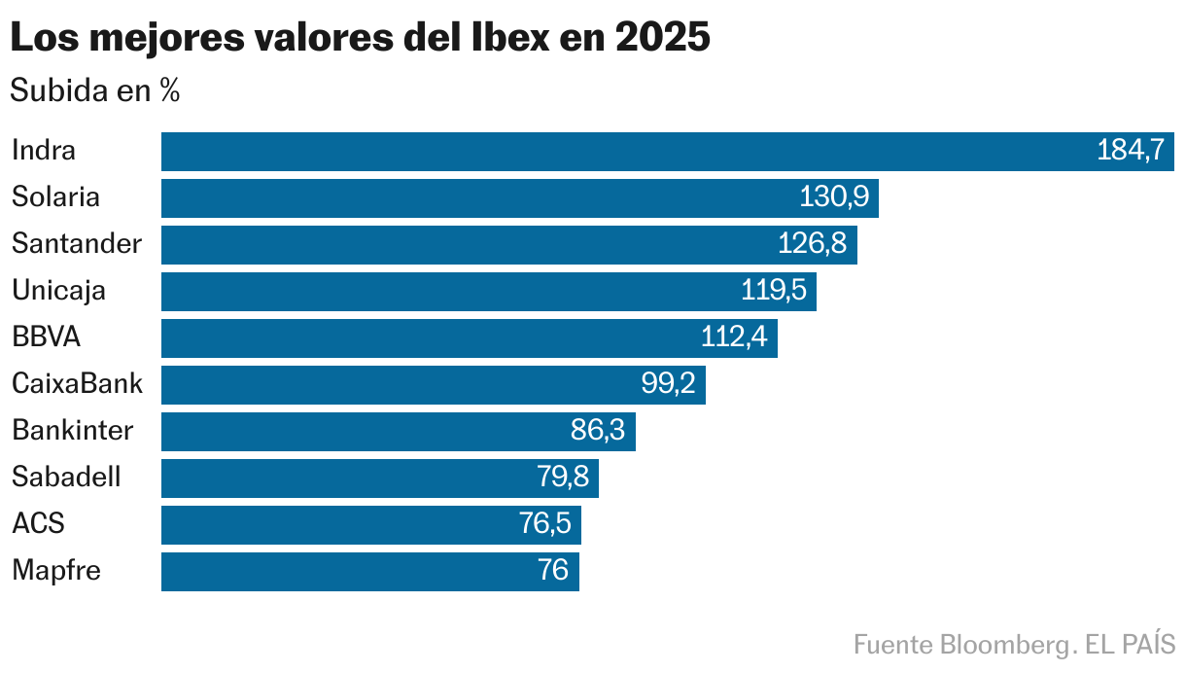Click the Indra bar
point(667,152)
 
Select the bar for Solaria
point(519,198)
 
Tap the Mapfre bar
point(369,572)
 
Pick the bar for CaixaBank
point(433,385)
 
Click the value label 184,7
point(1130,152)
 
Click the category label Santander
point(77,244)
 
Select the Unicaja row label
point(58,291)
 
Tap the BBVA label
point(46,337)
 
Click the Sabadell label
point(66,478)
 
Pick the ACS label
point(38,524)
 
